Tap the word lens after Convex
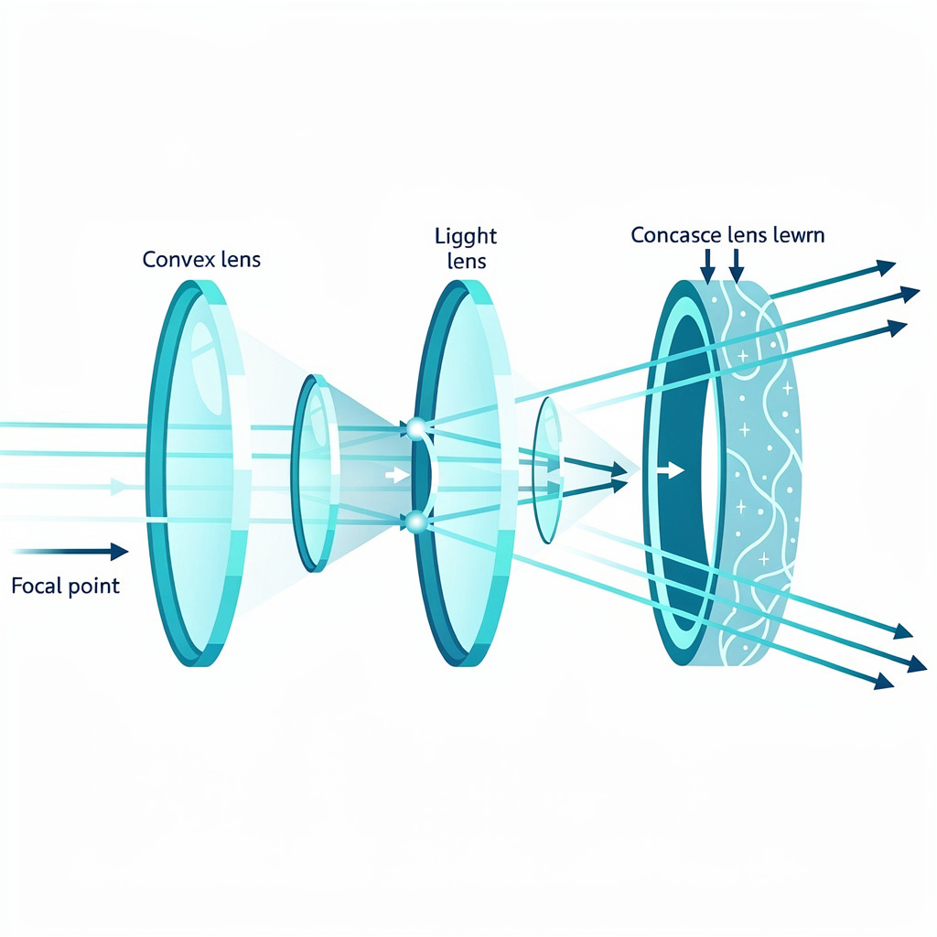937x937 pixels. point(235,260)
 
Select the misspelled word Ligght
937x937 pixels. point(466,237)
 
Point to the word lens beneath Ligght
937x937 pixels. point(467,261)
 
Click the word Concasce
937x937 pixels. point(675,235)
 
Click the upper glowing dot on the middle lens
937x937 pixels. point(416,426)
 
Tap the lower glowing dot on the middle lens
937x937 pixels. point(416,522)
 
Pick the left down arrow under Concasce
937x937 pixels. point(707,266)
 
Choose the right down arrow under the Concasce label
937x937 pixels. point(737,266)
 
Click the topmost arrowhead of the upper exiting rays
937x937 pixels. point(885,267)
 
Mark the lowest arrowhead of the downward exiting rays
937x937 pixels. point(884,682)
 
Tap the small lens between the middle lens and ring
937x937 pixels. point(548,468)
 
